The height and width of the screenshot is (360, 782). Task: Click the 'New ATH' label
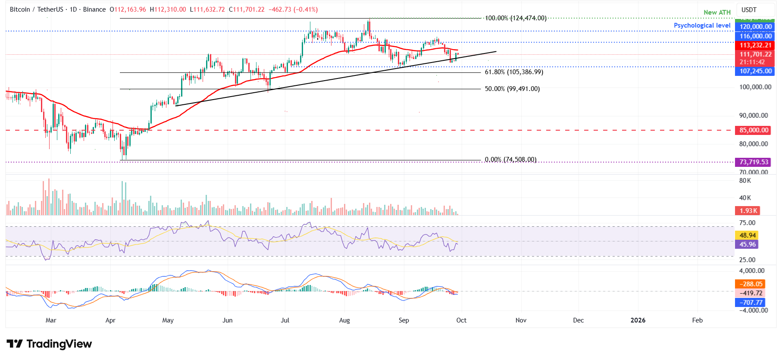[x=717, y=13]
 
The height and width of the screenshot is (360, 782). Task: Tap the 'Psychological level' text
[x=702, y=25]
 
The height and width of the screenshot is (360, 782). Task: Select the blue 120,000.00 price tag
[x=755, y=27]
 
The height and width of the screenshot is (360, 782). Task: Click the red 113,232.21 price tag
[x=755, y=45]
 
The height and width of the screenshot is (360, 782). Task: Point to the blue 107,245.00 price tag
[x=755, y=71]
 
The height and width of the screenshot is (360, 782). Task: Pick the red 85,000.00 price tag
[x=754, y=130]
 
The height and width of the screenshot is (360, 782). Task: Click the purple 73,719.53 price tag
[x=754, y=162]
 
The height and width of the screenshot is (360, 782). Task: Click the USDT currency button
[x=749, y=9]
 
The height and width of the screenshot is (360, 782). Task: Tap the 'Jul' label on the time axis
[x=285, y=320]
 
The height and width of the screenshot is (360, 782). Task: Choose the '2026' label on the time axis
[x=638, y=320]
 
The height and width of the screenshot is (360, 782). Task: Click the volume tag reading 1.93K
[x=748, y=211]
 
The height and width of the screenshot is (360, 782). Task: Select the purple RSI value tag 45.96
[x=748, y=244]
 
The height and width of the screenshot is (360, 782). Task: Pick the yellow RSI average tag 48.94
[x=748, y=235]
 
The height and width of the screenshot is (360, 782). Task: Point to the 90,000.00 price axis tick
[x=753, y=116]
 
